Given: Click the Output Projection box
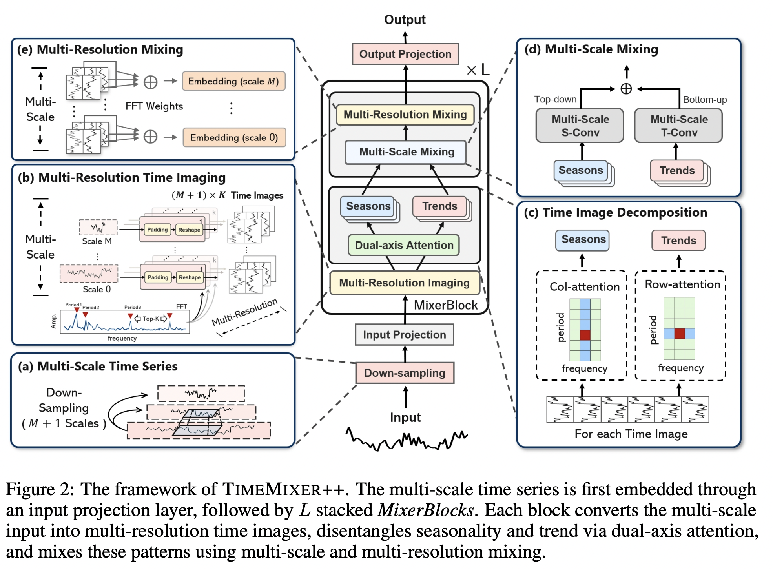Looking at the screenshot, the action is click(x=405, y=54).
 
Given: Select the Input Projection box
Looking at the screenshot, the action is click(x=405, y=334).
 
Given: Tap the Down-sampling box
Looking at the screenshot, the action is click(x=405, y=373).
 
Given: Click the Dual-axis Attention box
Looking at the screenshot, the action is click(x=404, y=245).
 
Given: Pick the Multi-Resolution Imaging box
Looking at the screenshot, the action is click(x=405, y=283).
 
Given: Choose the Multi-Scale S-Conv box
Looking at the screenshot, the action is click(x=580, y=126).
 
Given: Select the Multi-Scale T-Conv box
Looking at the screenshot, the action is click(x=679, y=126).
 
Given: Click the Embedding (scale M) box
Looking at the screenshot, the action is click(x=234, y=81).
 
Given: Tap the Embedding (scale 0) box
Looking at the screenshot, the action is click(x=234, y=137).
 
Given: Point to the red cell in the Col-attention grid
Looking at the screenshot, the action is click(x=585, y=335).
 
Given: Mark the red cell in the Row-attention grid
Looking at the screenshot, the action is click(x=680, y=334).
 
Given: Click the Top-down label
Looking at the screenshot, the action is click(x=555, y=99).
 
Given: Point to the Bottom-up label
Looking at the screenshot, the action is click(x=705, y=100).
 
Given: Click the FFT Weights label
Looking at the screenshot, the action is click(x=154, y=106).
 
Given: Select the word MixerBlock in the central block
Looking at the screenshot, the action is click(x=446, y=305).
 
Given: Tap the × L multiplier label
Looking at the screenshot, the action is click(x=478, y=70).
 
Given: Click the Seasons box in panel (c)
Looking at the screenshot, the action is click(x=582, y=240).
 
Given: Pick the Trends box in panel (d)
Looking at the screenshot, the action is click(x=677, y=170).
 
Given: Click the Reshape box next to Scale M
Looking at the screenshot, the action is click(x=189, y=230).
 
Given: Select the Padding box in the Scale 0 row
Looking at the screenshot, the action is click(x=158, y=277).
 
